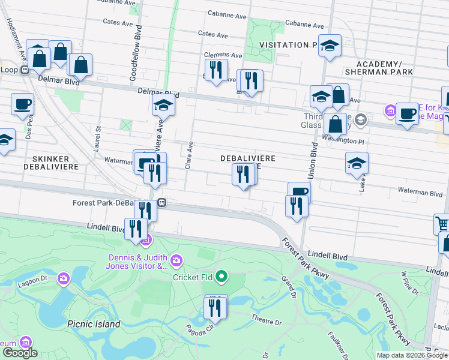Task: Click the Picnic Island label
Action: pyautogui.click(x=94, y=324)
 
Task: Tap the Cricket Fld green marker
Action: pyautogui.click(x=221, y=277)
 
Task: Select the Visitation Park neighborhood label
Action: pyautogui.click(x=288, y=45)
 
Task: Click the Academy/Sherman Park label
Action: pyautogui.click(x=384, y=68)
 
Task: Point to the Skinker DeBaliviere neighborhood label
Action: pyautogui.click(x=51, y=161)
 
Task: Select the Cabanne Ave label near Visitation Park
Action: pyautogui.click(x=304, y=25)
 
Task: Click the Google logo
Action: pyautogui.click(x=20, y=353)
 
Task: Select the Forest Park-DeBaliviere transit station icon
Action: pyautogui.click(x=162, y=203)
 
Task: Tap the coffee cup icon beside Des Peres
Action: pyautogui.click(x=22, y=104)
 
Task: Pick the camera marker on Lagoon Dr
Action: pyautogui.click(x=63, y=278)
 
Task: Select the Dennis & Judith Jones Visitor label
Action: pyautogui.click(x=138, y=262)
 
